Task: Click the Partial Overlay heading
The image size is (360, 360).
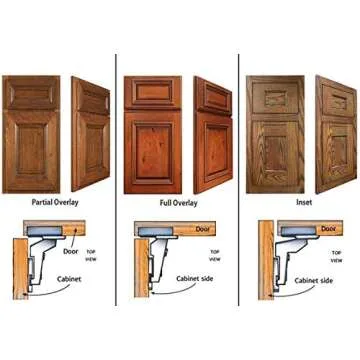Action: pyautogui.click(x=55, y=202)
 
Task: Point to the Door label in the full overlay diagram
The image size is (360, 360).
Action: pyautogui.click(x=204, y=229)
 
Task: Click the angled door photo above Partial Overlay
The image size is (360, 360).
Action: pyautogui.click(x=91, y=132)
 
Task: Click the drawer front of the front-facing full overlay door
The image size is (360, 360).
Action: pyautogui.click(x=152, y=93)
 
